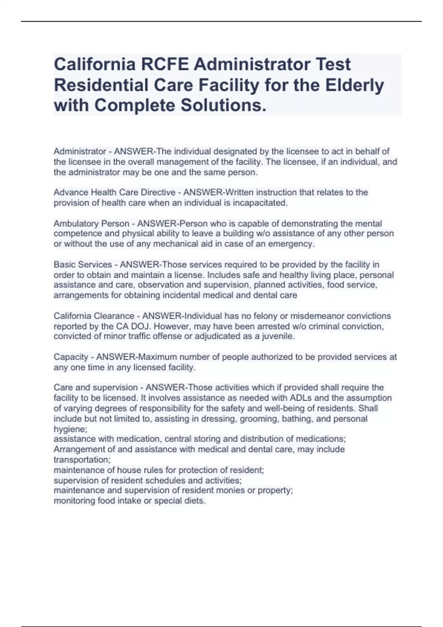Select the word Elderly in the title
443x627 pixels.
[354, 85]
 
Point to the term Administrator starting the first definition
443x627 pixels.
[80, 152]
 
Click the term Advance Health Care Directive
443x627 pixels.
[114, 193]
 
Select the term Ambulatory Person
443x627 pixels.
[91, 224]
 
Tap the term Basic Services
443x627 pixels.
[83, 264]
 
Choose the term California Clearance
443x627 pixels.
[94, 316]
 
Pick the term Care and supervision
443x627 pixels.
[96, 388]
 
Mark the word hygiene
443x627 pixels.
[70, 429]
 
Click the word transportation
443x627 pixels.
[82, 460]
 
